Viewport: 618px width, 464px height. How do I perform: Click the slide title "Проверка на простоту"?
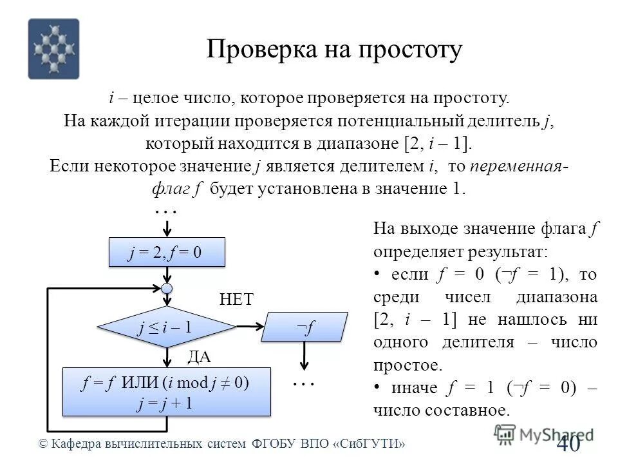[334, 50]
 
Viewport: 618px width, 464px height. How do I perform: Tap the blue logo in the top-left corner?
[54, 49]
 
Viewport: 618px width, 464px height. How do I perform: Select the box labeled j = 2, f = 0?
[167, 253]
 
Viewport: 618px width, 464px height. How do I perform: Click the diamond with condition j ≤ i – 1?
[167, 327]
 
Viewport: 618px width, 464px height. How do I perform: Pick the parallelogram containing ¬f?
[304, 327]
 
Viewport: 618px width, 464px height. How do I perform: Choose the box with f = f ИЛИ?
[166, 392]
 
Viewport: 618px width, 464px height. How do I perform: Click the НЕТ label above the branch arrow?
[237, 299]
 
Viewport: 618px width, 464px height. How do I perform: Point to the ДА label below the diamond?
[199, 356]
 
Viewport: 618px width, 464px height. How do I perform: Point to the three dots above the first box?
[166, 211]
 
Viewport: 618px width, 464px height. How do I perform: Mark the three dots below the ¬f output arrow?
[303, 384]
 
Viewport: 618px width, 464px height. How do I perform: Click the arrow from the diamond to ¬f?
[248, 327]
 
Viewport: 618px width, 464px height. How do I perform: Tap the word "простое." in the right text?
[408, 365]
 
